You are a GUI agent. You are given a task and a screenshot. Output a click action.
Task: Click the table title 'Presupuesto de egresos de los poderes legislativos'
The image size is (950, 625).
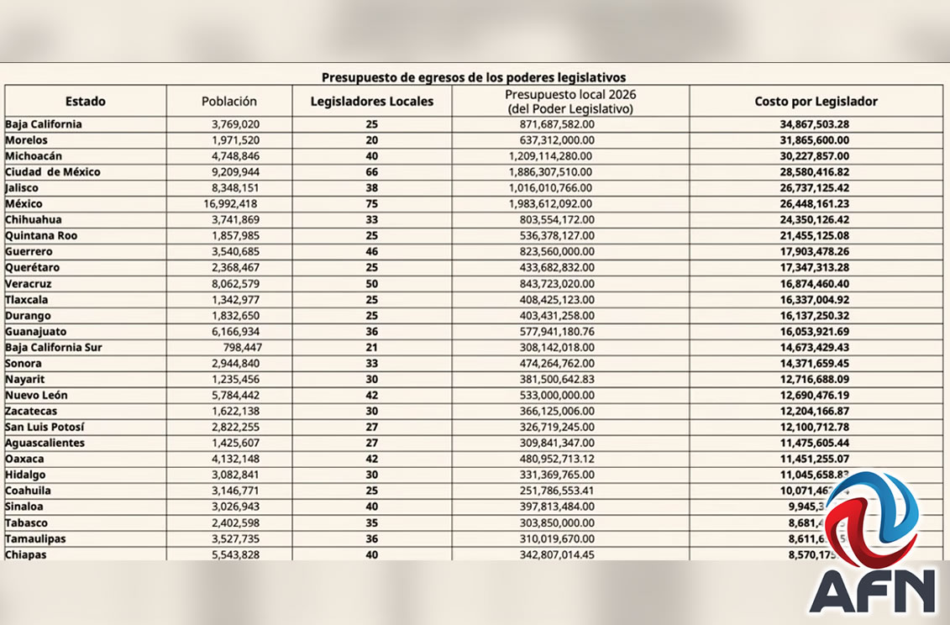click(x=474, y=77)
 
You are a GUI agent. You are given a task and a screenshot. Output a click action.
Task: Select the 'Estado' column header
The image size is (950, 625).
click(x=86, y=102)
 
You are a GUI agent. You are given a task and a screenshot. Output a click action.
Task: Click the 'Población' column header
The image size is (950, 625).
click(x=229, y=102)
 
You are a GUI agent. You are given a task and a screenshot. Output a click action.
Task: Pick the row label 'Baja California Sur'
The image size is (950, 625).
click(x=54, y=347)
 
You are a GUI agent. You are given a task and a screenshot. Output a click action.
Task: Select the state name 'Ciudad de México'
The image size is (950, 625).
click(x=53, y=171)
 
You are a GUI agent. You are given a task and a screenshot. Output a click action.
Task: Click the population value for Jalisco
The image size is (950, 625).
click(x=234, y=187)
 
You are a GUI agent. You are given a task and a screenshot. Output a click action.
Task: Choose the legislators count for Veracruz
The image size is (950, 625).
click(x=371, y=283)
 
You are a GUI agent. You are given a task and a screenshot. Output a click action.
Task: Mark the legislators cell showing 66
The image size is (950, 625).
click(x=371, y=171)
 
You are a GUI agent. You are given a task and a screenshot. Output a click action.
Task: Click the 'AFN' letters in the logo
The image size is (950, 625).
click(x=873, y=591)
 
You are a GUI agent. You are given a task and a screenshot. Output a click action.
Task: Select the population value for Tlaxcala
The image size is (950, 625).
click(x=234, y=299)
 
